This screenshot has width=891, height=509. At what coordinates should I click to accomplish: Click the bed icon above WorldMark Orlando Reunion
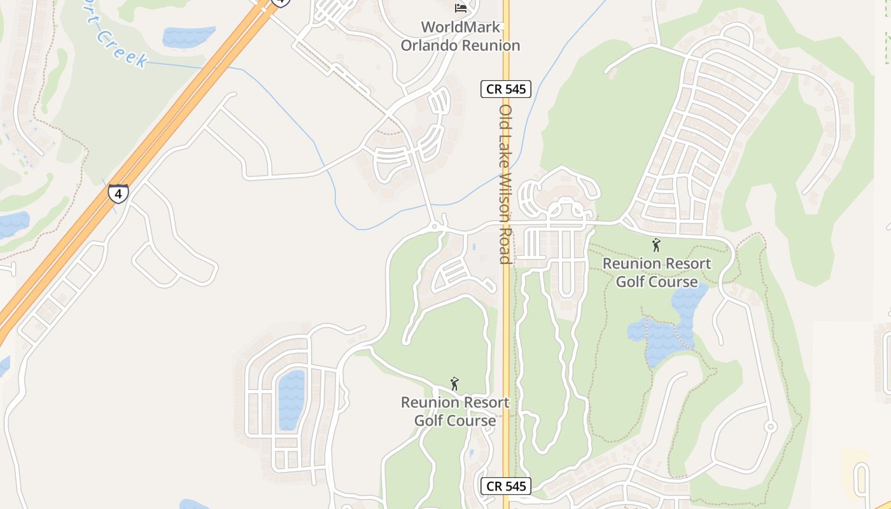461,8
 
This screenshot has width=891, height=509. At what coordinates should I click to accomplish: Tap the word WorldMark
461,27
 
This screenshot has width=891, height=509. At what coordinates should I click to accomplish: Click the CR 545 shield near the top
506,89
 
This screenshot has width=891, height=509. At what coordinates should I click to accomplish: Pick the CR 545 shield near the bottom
506,486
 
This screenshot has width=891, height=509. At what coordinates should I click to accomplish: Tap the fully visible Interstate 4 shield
118,193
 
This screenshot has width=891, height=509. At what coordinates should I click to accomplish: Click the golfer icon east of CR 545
656,245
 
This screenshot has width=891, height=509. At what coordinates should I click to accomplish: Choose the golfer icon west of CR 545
454,384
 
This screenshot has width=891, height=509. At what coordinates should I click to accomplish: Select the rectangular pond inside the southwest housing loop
291,400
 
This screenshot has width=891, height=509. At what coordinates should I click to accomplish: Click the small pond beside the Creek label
188,36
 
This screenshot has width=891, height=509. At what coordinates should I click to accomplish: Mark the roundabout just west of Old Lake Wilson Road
435,226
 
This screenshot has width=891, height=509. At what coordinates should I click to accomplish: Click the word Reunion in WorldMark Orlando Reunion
491,46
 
